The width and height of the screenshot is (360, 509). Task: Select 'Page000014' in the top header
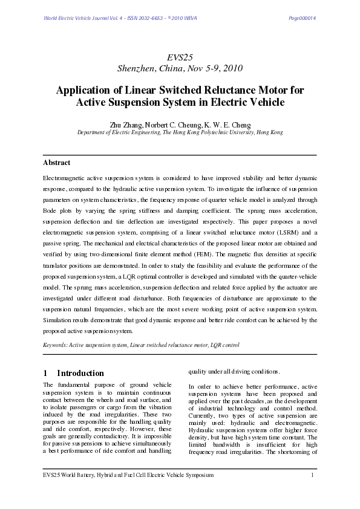(303, 18)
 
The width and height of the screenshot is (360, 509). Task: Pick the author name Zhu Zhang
(126, 125)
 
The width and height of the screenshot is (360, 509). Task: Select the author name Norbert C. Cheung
(172, 125)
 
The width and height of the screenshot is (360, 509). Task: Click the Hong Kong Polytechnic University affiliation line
(180, 132)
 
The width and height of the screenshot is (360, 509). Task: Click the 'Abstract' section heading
(56, 163)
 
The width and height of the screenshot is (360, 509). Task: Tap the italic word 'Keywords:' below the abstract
(55, 345)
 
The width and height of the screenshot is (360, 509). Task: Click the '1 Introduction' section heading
(73, 373)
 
